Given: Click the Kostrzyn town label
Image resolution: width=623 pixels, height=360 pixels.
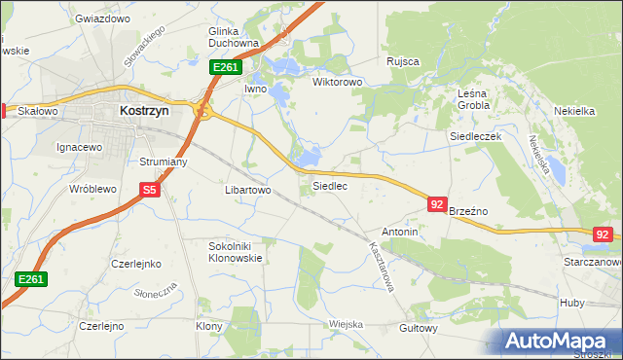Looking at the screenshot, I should [143, 111].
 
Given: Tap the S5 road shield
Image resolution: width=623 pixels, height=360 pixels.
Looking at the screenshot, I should [149, 192].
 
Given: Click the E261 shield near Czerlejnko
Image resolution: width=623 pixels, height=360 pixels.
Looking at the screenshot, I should [31, 279].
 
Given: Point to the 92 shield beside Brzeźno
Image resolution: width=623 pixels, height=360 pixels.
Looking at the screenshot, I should [437, 204].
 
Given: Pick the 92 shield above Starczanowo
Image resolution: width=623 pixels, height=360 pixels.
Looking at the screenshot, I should [604, 234].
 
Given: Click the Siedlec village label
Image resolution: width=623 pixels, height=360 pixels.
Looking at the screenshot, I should [329, 185].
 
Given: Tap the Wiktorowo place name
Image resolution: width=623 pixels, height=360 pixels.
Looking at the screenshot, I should [337, 83].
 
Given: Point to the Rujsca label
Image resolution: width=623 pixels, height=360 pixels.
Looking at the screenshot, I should [402, 61].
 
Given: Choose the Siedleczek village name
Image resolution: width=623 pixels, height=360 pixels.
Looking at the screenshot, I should [475, 137].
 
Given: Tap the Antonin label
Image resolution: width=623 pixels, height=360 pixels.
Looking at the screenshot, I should [400, 233].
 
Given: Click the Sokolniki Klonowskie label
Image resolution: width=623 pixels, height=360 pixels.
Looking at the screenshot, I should [236, 253].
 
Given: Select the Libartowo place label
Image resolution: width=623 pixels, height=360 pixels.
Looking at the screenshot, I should [247, 191].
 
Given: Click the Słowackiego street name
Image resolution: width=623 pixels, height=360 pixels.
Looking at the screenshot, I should [144, 47].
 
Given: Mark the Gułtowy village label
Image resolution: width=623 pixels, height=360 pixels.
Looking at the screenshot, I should [419, 329].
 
